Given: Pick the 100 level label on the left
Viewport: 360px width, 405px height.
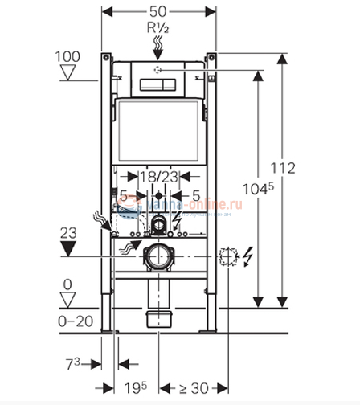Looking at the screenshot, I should (68, 56).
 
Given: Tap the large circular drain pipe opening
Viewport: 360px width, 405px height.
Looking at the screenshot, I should (158, 258).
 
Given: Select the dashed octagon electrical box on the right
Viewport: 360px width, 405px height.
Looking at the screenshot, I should (227, 256).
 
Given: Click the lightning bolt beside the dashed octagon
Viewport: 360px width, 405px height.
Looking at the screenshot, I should (248, 257).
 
